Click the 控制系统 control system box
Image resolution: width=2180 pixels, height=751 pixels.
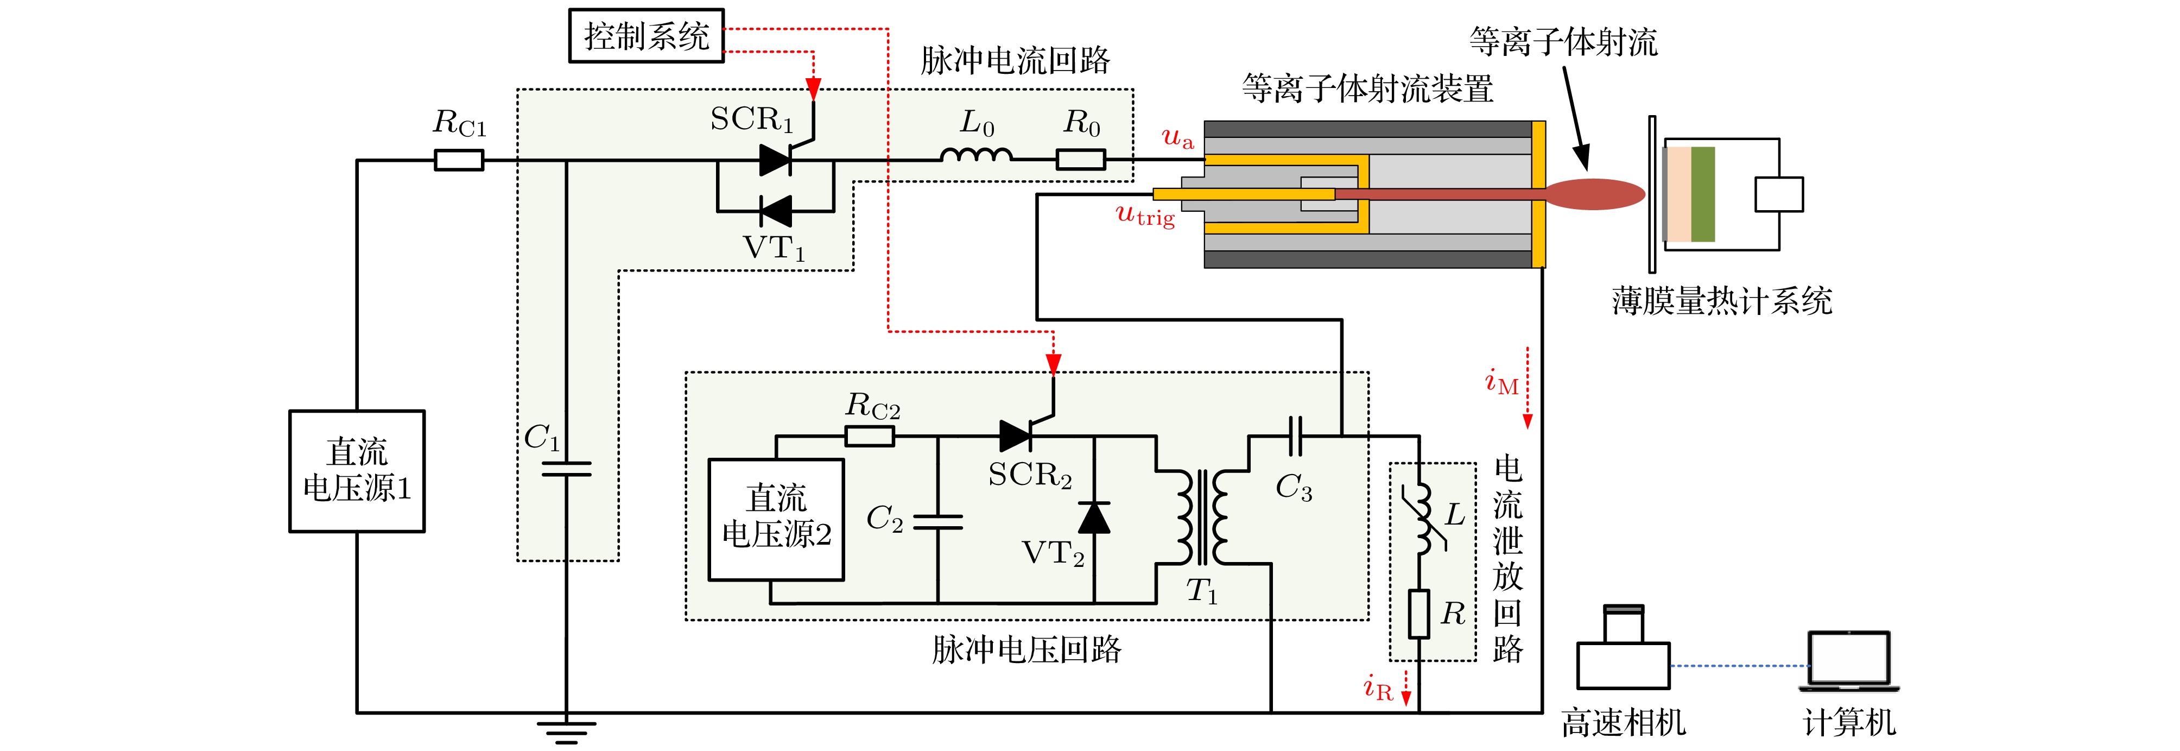[x=646, y=35]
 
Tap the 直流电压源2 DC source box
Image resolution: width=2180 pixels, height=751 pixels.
[x=776, y=519]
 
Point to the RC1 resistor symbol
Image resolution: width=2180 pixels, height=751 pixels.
[x=459, y=160]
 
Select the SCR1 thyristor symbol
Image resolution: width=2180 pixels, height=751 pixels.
[x=775, y=159]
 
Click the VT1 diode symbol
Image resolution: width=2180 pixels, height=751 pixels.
[x=775, y=211]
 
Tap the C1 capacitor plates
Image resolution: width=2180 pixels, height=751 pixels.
[x=566, y=468]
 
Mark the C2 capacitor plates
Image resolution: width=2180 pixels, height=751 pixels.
[x=937, y=521]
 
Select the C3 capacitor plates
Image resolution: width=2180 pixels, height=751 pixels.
[x=1295, y=436]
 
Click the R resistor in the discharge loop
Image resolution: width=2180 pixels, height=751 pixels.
[x=1419, y=614]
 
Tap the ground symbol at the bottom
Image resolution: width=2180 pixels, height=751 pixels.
[x=566, y=730]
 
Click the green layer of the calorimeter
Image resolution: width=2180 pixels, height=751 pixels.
[x=1703, y=194]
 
